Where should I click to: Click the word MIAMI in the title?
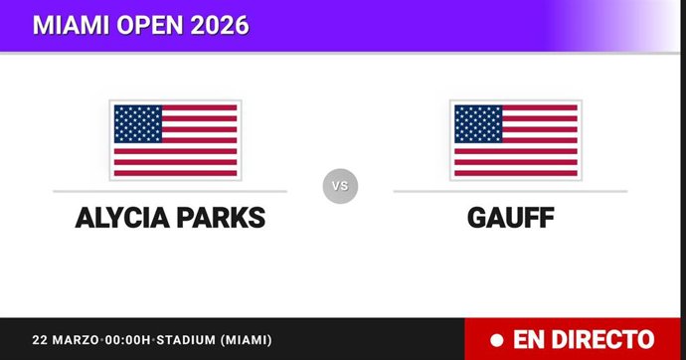[x=68, y=25]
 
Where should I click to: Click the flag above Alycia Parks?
[x=175, y=139]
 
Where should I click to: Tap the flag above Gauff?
[x=515, y=139]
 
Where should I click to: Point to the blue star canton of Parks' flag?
[x=137, y=123]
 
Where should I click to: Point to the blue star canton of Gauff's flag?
[x=477, y=123]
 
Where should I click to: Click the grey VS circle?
[x=340, y=185]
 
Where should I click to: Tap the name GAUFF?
[x=510, y=217]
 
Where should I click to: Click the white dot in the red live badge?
[x=495, y=340]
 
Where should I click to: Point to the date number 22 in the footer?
[x=40, y=340]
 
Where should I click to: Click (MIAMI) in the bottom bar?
[x=240, y=340]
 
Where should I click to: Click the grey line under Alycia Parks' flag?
[x=170, y=191]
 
